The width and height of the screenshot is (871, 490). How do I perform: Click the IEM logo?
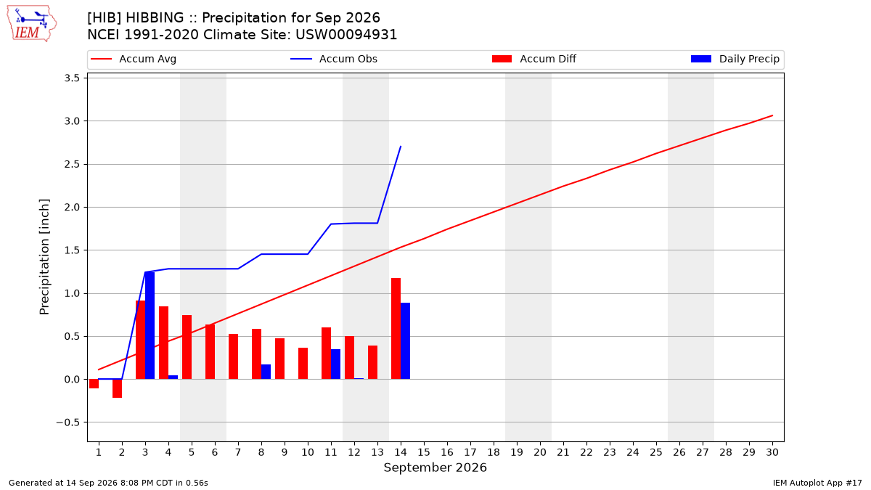click(32, 23)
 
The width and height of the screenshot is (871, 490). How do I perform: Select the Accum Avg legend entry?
click(134, 59)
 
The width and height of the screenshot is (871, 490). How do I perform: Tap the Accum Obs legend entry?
click(334, 59)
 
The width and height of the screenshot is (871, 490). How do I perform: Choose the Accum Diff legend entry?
click(534, 59)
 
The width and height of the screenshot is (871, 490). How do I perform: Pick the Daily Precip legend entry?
click(735, 59)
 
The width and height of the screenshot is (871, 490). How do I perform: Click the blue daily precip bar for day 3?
click(150, 325)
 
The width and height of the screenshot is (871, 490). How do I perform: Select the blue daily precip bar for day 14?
click(405, 341)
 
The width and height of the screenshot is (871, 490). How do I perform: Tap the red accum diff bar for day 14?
click(396, 329)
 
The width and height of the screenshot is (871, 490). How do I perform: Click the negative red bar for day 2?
click(117, 388)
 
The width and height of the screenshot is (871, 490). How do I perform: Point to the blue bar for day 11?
click(335, 364)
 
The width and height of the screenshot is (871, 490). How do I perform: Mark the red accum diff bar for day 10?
click(303, 363)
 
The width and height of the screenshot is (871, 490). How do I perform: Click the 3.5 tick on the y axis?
click(72, 78)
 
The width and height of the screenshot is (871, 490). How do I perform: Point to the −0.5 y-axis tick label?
click(68, 422)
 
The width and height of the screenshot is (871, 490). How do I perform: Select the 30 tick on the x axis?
click(772, 452)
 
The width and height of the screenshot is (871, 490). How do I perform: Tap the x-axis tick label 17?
click(470, 452)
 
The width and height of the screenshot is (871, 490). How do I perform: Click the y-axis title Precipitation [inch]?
click(44, 257)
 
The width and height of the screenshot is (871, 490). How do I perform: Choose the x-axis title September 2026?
click(435, 467)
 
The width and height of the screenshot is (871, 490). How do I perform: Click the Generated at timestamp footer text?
click(108, 483)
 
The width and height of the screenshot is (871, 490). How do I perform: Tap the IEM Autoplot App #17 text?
click(817, 483)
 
